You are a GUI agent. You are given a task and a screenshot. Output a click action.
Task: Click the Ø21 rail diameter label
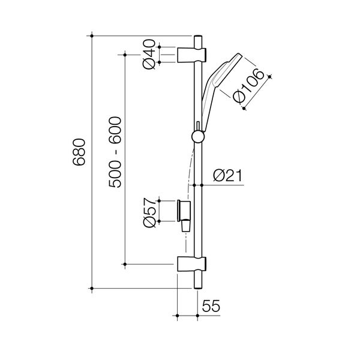point(227,176)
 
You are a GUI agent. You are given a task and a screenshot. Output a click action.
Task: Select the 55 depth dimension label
point(209,305)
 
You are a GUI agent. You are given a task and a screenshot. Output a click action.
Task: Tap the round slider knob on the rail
point(197,137)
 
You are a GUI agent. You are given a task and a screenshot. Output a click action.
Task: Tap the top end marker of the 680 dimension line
point(92,35)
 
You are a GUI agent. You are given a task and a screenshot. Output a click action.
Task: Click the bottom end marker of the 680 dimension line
point(92,289)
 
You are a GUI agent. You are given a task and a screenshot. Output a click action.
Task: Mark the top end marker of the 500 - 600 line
point(124,54)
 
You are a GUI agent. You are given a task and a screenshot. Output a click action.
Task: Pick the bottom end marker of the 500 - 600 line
point(124,263)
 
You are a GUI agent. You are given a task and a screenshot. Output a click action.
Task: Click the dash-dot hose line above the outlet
point(190,168)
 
